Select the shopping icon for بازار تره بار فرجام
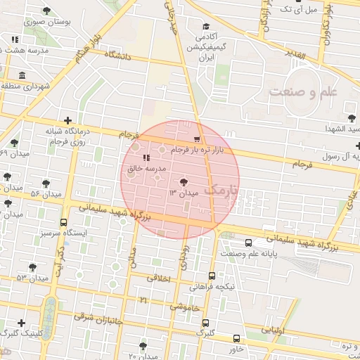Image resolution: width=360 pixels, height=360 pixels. pos(196,139)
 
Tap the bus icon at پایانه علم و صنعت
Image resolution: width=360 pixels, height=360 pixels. pos(270,240)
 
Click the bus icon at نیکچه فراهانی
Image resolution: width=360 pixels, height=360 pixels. pos(212,276)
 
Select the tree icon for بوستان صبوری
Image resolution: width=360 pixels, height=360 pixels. pos(46,11)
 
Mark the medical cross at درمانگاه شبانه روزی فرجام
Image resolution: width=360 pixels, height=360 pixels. pos(67,120)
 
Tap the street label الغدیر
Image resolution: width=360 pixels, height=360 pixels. pos(291,53)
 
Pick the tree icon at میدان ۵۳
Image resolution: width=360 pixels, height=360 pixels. pos(32,267)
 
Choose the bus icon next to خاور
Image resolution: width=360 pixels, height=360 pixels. pos(235,337)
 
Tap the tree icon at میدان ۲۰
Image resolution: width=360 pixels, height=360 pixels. pos(143,346)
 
